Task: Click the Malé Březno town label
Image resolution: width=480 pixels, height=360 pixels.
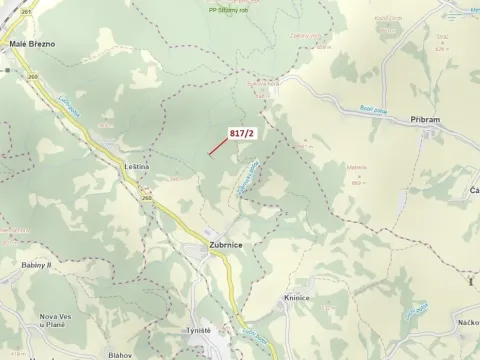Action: [32, 44]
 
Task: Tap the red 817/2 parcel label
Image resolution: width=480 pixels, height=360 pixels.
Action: [243, 133]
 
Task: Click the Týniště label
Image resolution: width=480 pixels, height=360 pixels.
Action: [199, 329]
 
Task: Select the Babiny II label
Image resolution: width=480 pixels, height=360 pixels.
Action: [36, 265]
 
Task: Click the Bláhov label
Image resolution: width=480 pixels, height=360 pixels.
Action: [121, 354]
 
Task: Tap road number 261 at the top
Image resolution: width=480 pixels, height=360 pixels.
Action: [25, 13]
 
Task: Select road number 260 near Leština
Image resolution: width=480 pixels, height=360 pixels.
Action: [148, 197]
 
